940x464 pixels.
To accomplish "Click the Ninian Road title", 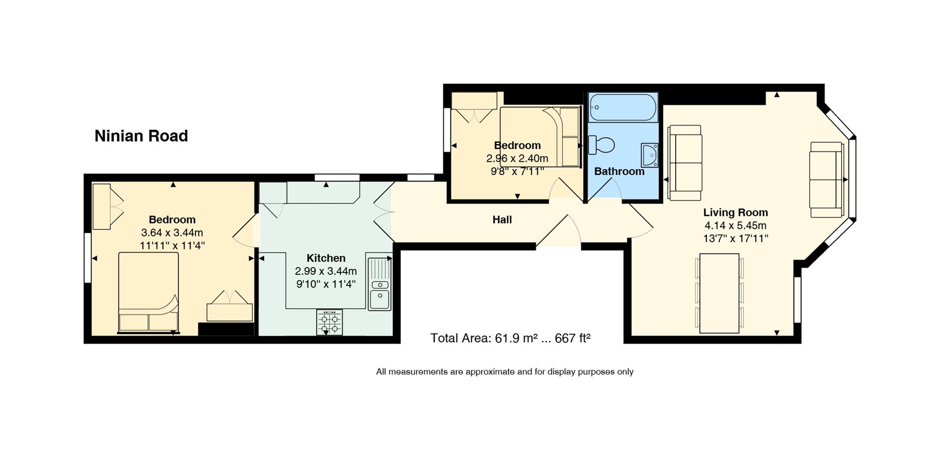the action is [x=141, y=136].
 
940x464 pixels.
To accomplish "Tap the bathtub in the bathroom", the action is [x=623, y=107].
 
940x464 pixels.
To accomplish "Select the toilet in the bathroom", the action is [x=602, y=145].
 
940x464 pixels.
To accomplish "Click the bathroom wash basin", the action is [x=649, y=155].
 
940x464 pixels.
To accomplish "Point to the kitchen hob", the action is [x=329, y=322].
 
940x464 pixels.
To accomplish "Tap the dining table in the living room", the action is [x=719, y=293].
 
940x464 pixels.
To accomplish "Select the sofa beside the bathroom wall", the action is [x=685, y=163].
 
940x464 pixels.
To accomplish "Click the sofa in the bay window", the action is [x=826, y=179].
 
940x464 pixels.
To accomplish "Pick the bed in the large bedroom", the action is [x=148, y=293].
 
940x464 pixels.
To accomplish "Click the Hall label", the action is [x=502, y=220].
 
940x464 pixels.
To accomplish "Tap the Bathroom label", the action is [x=619, y=171].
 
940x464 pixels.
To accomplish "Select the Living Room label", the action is [x=735, y=213].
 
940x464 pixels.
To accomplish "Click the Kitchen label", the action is [x=326, y=258].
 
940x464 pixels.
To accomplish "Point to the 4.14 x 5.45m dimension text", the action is [x=735, y=226].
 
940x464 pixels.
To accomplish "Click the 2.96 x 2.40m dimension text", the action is [x=517, y=159].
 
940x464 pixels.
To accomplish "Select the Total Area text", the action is [x=510, y=338].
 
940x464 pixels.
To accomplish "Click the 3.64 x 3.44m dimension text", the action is [x=172, y=233].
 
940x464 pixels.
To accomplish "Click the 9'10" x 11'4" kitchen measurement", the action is [x=326, y=284].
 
